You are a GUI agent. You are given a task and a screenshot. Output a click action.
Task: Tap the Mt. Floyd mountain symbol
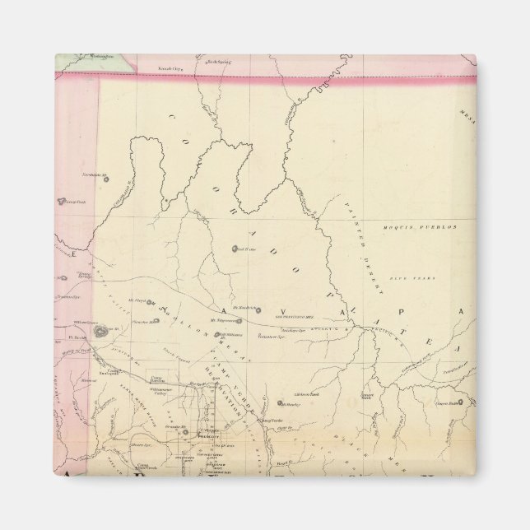(149, 301)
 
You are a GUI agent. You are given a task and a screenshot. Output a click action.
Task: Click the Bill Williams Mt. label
(228, 334)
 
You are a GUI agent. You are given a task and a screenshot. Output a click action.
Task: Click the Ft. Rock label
(77, 337)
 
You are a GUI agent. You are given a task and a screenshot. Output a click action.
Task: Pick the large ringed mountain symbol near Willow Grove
(100, 332)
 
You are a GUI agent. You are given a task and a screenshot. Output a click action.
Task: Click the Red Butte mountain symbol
(236, 249)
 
